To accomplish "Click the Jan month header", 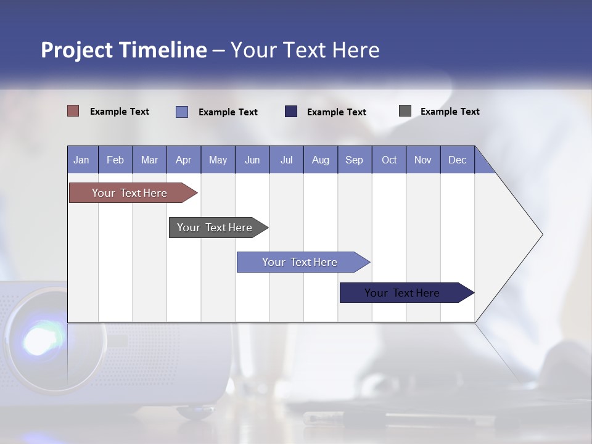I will pos(82,160).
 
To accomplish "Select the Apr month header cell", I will pos(184,160).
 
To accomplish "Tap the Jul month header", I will pos(286,160).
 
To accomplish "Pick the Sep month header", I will pos(355,160).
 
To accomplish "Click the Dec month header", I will pos(457,160).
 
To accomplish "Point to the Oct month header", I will pos(389,160).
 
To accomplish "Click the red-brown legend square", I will pos(73,111).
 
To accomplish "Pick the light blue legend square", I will pos(182,112).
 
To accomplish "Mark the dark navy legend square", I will pos(291,112).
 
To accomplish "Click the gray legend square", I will pos(405,111).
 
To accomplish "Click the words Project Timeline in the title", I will pos(123,50).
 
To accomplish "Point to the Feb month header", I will pos(115,160).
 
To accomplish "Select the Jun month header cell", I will pos(252,160).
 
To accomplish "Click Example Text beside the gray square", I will pos(450,111).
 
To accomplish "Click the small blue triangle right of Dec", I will pos(483,165).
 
